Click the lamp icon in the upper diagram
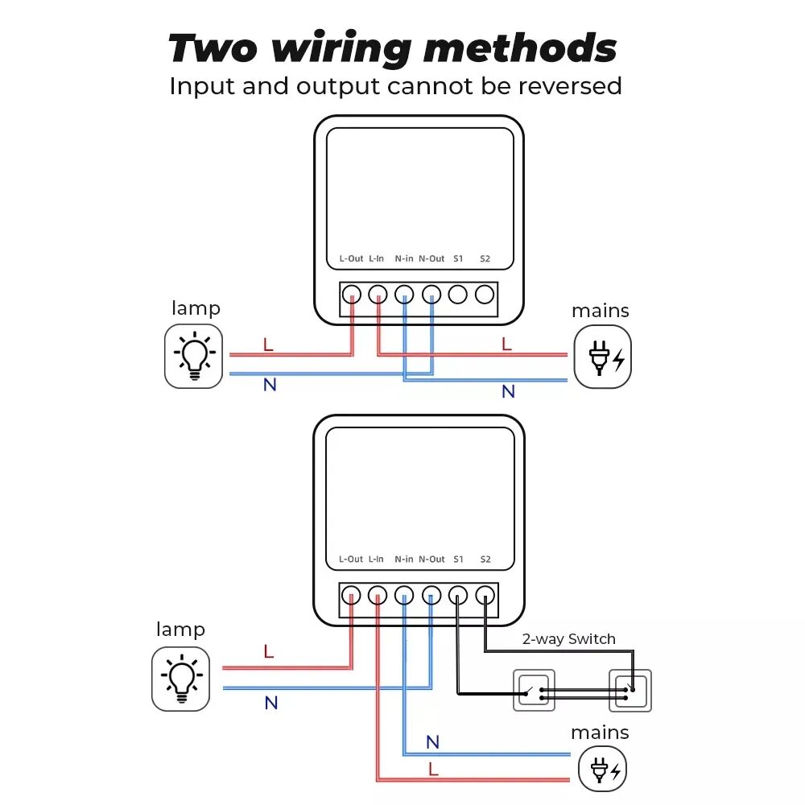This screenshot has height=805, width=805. click(193, 356)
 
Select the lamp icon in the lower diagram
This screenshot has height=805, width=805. click(180, 679)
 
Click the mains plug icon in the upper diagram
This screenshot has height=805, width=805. click(602, 357)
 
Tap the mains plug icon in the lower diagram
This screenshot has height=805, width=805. click(602, 770)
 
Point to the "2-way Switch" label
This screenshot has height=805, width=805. click(568, 639)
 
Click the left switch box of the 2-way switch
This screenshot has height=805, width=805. click(534, 690)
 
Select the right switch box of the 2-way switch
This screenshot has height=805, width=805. click(630, 690)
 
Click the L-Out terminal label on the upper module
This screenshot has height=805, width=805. click(351, 259)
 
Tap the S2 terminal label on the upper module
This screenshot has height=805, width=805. click(485, 259)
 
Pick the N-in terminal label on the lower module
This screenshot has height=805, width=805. click(404, 559)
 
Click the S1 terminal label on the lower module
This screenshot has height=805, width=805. click(458, 559)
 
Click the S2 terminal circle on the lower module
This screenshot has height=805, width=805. click(485, 596)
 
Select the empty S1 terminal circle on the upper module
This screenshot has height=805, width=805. click(458, 295)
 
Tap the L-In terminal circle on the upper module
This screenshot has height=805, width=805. click(378, 295)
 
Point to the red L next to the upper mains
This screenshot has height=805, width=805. click(506, 345)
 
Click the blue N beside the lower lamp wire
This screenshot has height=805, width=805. click(271, 703)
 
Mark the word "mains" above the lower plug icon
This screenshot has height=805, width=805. click(600, 733)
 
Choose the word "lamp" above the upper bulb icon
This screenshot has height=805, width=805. click(196, 308)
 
